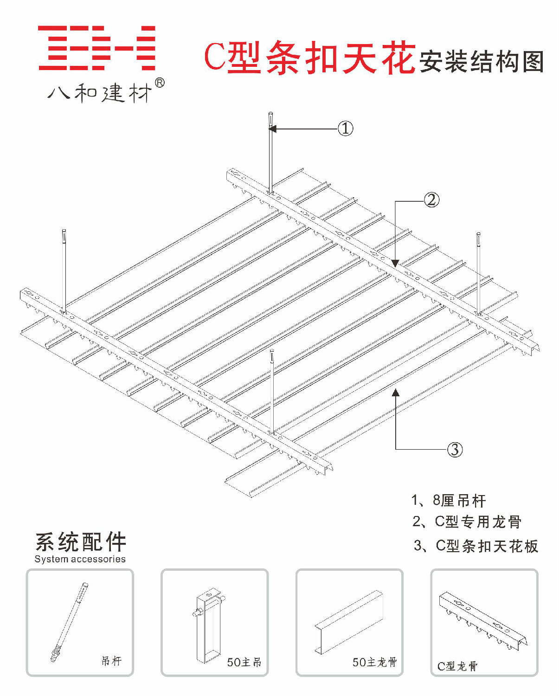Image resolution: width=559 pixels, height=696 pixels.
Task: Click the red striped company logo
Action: click(x=96, y=48)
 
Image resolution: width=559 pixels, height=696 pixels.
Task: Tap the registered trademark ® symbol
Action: click(x=159, y=83)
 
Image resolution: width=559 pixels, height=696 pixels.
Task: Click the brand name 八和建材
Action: click(x=100, y=93)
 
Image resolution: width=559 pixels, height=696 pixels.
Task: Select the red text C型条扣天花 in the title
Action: click(x=309, y=58)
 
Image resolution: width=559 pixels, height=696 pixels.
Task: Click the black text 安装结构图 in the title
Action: click(x=482, y=61)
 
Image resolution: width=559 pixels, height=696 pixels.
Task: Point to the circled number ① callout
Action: click(x=345, y=129)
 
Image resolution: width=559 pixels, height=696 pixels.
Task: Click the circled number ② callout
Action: click(x=431, y=200)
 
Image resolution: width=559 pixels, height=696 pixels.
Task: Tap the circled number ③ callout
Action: click(x=455, y=449)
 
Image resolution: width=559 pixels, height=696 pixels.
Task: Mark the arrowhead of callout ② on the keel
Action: click(x=395, y=264)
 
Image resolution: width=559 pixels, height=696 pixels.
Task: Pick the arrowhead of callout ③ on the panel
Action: click(x=396, y=393)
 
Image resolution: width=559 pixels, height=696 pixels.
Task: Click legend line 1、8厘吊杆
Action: click(x=448, y=500)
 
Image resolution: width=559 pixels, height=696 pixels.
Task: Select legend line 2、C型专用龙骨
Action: click(x=467, y=522)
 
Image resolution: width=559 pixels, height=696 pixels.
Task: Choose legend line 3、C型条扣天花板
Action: click(x=475, y=546)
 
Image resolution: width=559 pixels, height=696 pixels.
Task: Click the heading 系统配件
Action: click(x=81, y=541)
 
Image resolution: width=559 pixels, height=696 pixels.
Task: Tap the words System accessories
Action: click(x=80, y=559)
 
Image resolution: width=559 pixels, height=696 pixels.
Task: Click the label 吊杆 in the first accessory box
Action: click(x=111, y=661)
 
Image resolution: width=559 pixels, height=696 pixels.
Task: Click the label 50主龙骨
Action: click(x=374, y=662)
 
